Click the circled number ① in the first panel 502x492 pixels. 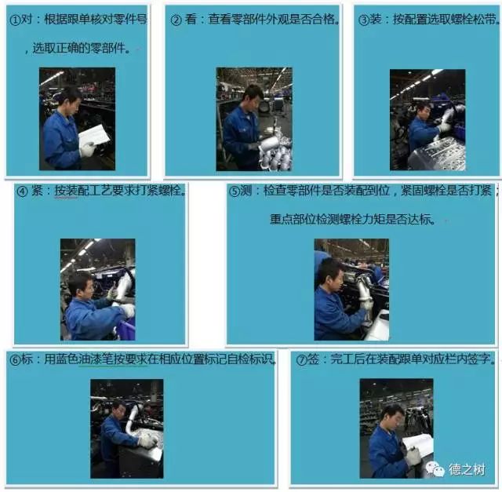[x=15, y=20]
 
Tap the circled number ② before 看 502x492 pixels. [x=176, y=20]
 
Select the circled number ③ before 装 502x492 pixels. [x=363, y=20]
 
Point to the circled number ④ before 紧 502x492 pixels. [x=22, y=191]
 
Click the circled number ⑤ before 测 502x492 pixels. [x=234, y=191]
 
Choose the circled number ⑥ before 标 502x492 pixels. [x=15, y=360]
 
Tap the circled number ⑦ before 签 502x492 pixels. [x=301, y=360]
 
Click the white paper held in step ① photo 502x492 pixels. [x=93, y=136]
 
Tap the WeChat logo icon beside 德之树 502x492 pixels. [x=435, y=468]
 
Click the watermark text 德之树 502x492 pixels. [x=467, y=469]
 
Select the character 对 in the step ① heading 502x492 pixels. [x=26, y=20]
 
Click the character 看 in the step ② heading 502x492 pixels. [x=191, y=19]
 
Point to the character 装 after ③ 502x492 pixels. [x=375, y=20]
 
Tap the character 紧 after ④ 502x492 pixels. [x=37, y=191]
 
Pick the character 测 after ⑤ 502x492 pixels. [x=246, y=191]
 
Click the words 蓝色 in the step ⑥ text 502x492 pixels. [x=67, y=359]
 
